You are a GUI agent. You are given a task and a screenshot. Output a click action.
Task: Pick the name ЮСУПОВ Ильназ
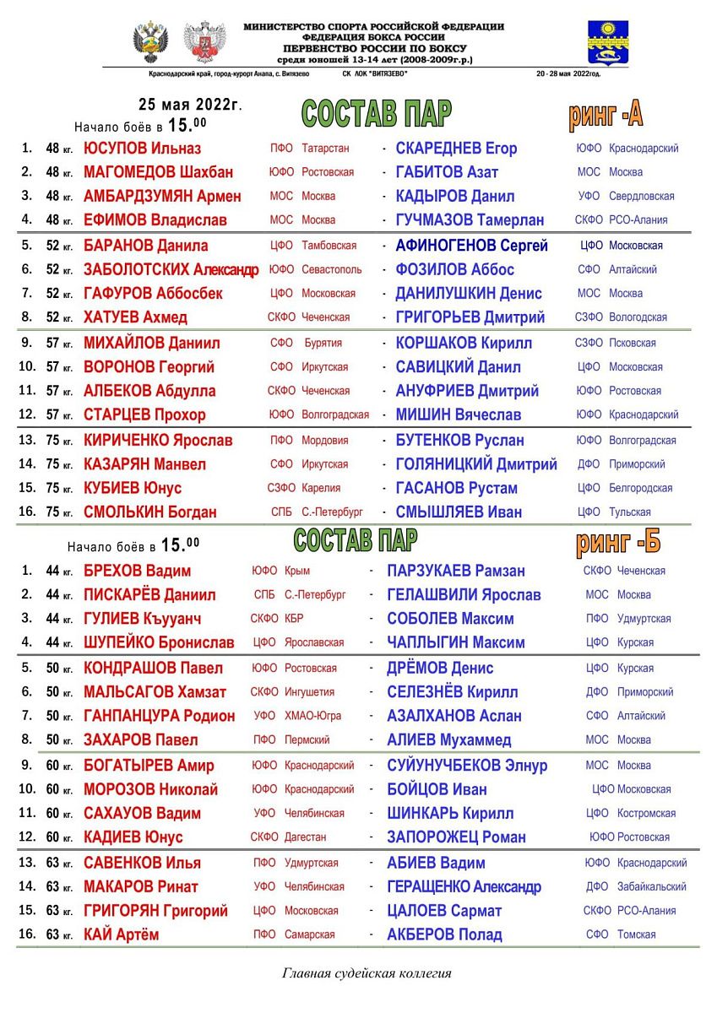[142, 149]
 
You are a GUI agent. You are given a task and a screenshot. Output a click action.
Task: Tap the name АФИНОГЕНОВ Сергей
[471, 246]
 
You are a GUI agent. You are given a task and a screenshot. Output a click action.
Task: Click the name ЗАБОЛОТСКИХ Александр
[171, 270]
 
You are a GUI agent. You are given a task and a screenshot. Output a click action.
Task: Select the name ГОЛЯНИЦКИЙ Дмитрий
[475, 464]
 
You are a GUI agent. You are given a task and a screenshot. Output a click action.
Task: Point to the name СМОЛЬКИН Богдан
[149, 512]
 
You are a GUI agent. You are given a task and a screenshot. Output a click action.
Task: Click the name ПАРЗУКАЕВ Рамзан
[455, 572]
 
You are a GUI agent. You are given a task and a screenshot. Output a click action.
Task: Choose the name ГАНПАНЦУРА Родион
[159, 717]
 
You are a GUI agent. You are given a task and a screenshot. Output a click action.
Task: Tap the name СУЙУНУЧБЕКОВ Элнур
[466, 767]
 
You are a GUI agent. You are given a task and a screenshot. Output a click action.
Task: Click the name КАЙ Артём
[121, 935]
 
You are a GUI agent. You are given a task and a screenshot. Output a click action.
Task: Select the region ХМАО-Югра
[312, 716]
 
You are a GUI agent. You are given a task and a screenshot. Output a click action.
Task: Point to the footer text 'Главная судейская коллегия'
[367, 973]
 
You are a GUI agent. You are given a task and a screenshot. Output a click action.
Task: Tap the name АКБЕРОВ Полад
[444, 935]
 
